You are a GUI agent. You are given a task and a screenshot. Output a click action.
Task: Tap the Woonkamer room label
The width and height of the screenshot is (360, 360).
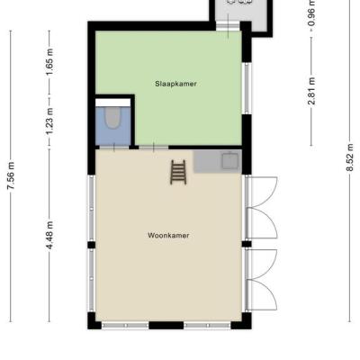point(168,236)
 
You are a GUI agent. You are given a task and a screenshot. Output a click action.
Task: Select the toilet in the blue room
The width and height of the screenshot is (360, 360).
point(112,118)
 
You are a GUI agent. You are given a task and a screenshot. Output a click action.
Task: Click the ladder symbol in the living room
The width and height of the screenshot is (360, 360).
point(178,172)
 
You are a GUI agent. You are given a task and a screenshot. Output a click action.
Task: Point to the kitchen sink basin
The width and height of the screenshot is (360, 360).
point(230,160)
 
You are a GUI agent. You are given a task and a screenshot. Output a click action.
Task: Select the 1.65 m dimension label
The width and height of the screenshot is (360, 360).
point(49,62)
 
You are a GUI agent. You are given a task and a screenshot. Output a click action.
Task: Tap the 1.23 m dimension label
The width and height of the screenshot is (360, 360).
point(49,121)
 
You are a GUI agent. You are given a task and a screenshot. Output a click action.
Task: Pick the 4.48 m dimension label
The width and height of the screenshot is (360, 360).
point(49,235)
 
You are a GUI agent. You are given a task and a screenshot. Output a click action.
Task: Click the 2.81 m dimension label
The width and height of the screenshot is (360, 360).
point(311,91)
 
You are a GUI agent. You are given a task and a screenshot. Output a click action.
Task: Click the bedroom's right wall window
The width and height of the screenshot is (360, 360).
point(247,88)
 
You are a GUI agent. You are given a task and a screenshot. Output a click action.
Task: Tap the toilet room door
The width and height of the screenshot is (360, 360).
point(114,148)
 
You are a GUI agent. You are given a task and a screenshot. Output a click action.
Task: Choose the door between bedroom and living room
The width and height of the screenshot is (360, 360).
point(154,148)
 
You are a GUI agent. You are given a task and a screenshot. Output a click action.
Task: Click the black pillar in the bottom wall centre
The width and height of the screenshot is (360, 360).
point(166,325)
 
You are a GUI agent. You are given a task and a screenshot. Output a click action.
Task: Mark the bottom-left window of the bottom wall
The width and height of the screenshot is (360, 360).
point(125,325)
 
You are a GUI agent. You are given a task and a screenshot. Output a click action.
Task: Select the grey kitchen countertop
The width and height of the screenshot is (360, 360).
point(218,161)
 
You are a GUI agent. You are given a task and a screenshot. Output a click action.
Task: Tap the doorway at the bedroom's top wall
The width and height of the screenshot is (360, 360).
point(228,27)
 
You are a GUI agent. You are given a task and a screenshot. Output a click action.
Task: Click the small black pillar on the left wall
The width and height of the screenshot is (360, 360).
point(92,245)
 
